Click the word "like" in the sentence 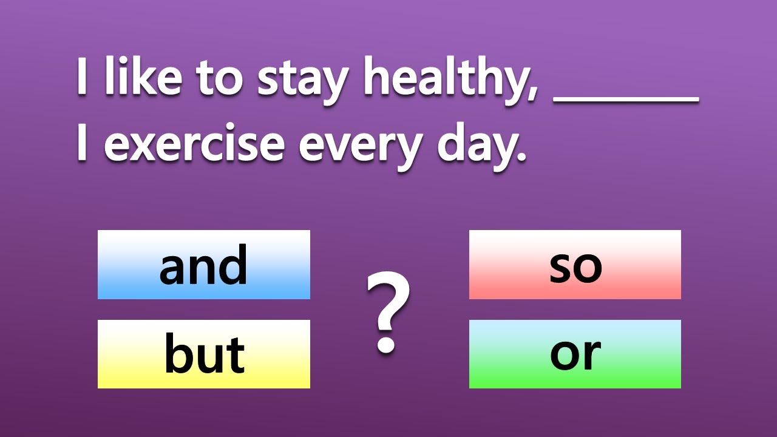pyautogui.click(x=142, y=78)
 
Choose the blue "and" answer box pyautogui.click(x=204, y=265)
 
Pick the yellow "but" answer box pyautogui.click(x=204, y=354)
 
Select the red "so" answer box pyautogui.click(x=575, y=265)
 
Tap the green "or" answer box pyautogui.click(x=575, y=354)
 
